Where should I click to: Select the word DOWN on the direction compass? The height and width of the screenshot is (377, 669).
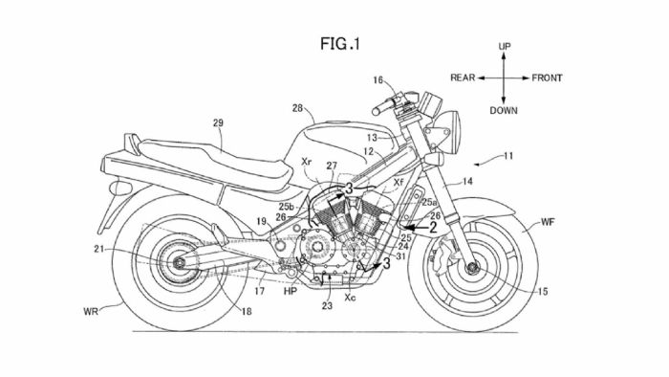503,110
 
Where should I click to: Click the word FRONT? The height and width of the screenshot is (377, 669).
547,78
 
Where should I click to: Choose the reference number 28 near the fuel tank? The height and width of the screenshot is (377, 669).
296,108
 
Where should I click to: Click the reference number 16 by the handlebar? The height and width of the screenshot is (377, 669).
378,80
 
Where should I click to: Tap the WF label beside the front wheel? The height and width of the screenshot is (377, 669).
548,222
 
